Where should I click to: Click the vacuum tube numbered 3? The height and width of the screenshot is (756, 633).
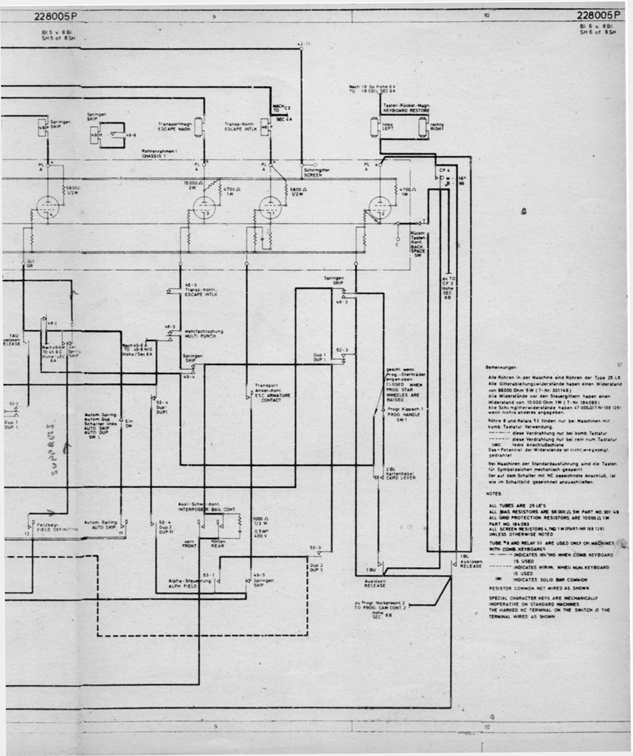(x=270, y=208)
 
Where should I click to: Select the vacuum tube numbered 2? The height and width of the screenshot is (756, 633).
(x=204, y=209)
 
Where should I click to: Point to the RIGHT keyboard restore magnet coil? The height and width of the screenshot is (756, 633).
(x=422, y=127)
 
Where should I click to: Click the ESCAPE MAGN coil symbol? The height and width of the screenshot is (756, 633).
(x=198, y=126)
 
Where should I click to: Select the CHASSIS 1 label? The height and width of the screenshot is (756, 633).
(x=155, y=156)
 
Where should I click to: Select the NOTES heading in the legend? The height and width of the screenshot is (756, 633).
(x=494, y=493)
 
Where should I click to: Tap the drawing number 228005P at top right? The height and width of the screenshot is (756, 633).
(x=598, y=15)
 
